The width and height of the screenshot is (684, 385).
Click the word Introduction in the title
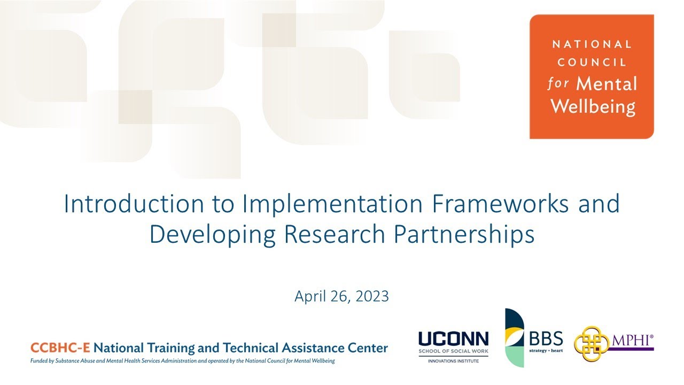(x=133, y=204)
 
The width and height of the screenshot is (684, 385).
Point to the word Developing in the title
(x=214, y=234)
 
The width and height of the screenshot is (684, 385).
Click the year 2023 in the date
(x=372, y=296)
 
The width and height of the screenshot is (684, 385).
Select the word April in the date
(x=308, y=296)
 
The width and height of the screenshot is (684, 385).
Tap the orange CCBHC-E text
(x=60, y=348)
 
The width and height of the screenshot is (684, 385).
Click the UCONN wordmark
(x=453, y=339)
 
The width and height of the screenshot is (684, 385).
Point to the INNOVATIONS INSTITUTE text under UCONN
(x=453, y=361)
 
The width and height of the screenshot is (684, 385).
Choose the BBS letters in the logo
(x=546, y=338)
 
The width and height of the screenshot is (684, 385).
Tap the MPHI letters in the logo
(x=632, y=340)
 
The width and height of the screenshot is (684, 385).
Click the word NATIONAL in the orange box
(x=592, y=44)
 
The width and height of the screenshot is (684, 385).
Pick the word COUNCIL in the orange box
(x=592, y=63)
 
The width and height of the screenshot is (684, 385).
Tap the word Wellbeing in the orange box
(x=593, y=106)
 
